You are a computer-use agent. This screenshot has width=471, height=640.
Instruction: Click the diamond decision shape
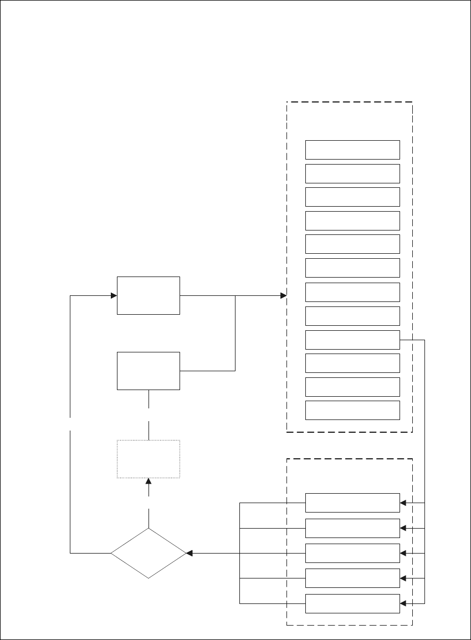[149, 552]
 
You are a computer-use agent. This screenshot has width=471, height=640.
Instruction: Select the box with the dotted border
[149, 459]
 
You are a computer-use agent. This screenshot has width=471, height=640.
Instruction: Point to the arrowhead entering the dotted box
[149, 482]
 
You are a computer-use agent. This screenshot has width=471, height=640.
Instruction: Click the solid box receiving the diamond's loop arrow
[149, 295]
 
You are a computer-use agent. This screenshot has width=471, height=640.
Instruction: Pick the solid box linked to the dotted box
[149, 371]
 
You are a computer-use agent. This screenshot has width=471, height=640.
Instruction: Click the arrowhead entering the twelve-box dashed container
[283, 295]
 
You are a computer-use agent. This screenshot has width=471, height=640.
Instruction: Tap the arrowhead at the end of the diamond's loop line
[113, 295]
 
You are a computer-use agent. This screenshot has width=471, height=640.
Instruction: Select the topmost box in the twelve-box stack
[352, 150]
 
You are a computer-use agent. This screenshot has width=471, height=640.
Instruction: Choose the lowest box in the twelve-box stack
[352, 410]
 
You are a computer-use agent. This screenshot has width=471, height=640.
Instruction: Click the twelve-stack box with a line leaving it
[352, 340]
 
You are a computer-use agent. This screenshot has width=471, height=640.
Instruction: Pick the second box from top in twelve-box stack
[352, 173]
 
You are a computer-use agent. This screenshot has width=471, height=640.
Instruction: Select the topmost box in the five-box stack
[352, 503]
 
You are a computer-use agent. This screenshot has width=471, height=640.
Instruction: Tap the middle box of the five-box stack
[352, 553]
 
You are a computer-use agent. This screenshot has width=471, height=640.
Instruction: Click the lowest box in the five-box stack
[352, 603]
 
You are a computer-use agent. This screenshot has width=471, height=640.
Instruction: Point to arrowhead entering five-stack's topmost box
[403, 503]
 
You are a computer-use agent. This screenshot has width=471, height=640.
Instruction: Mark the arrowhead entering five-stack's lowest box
[403, 603]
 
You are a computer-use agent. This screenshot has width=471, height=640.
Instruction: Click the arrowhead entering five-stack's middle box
[403, 553]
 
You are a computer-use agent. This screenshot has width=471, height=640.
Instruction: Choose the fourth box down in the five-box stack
[352, 578]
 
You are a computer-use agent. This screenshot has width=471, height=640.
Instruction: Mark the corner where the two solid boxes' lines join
[235, 295]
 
